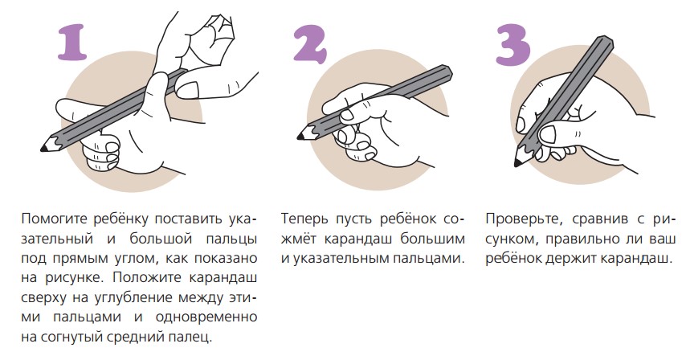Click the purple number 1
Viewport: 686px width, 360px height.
click(x=72, y=43)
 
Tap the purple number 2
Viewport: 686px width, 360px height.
click(x=310, y=43)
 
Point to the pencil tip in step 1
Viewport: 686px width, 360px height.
click(x=43, y=149)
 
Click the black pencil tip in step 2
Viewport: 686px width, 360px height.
click(x=300, y=137)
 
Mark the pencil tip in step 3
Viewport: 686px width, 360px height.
click(x=517, y=164)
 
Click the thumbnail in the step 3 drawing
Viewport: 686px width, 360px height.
click(x=548, y=134)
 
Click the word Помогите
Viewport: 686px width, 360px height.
click(x=52, y=219)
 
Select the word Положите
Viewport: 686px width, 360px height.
click(x=148, y=278)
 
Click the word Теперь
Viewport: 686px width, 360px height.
click(x=304, y=219)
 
